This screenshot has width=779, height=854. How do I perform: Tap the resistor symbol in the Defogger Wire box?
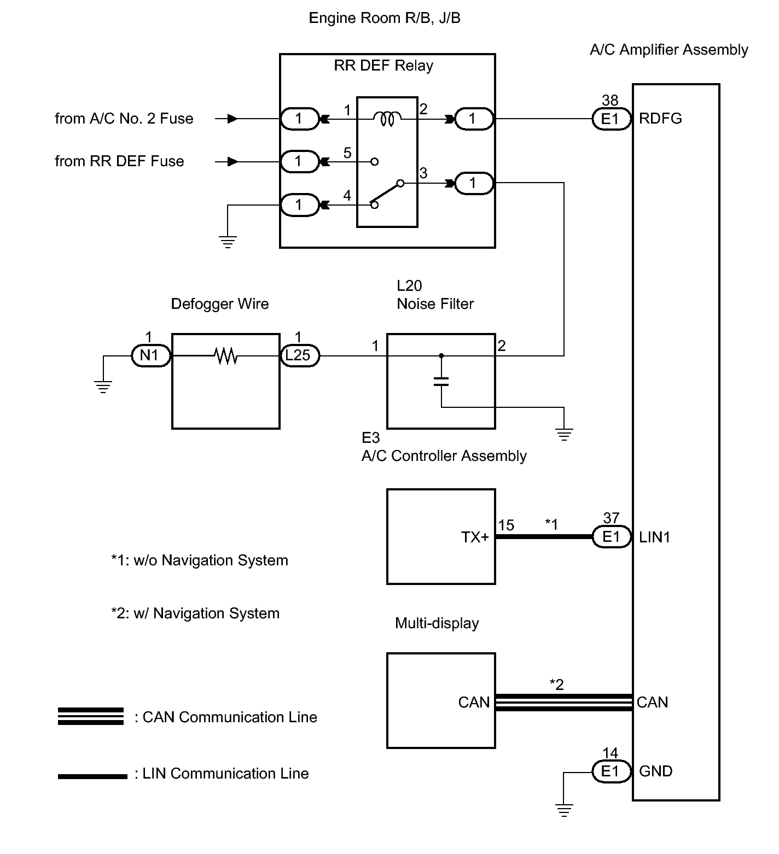pos(225,356)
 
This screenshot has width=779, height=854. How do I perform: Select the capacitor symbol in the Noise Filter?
pos(441,381)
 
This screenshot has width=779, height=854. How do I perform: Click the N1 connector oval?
pos(149,356)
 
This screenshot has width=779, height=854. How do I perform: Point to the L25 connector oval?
pos(299,356)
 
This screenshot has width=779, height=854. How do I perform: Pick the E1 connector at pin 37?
pos(611,537)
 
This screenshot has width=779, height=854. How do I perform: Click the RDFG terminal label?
pos(660,119)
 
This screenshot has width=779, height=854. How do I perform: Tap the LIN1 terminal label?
pos(654,537)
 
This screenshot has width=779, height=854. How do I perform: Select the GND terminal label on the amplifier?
pos(655,771)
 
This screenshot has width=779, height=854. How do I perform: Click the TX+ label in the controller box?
pos(475,537)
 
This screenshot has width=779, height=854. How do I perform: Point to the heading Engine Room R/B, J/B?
pos(385,18)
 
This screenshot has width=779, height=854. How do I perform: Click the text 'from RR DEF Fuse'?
pos(119,161)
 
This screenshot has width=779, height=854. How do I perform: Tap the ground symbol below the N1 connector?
pos(102,387)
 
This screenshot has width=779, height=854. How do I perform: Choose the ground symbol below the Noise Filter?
pos(564,435)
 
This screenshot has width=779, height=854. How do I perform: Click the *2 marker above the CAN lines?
pos(556,685)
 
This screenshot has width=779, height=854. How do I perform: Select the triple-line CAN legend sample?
pos(91,716)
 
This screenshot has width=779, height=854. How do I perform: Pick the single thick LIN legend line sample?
pos(92,776)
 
